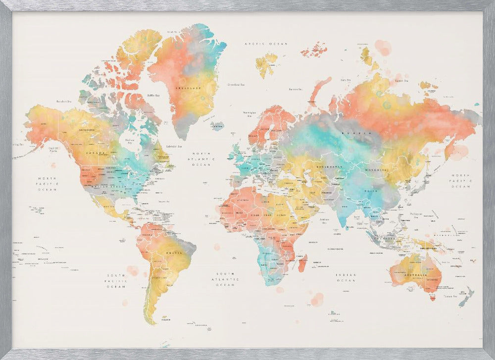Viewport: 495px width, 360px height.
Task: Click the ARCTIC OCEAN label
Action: pyautogui.click(x=266, y=44)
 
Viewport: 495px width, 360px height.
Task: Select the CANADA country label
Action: pyautogui.click(x=96, y=153)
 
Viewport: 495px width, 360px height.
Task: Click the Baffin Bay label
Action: pyautogui.click(x=153, y=95)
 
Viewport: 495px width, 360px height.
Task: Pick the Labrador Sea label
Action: pyautogui.click(x=173, y=146)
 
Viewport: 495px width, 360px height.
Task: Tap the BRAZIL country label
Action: pyautogui.click(x=174, y=253)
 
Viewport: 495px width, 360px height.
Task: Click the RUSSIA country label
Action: pyautogui.click(x=362, y=133)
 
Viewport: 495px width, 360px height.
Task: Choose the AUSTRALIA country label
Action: pyautogui.click(x=415, y=274)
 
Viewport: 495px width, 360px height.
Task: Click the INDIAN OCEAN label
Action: pyautogui.click(x=346, y=277)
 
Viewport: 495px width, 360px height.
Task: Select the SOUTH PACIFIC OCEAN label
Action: pyautogui.click(x=117, y=281)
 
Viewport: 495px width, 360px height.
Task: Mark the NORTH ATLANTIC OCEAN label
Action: pyautogui.click(x=201, y=158)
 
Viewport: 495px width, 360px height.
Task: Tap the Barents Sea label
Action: pyautogui.click(x=296, y=89)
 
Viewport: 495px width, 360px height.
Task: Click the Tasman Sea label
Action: pyautogui.click(x=449, y=296)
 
